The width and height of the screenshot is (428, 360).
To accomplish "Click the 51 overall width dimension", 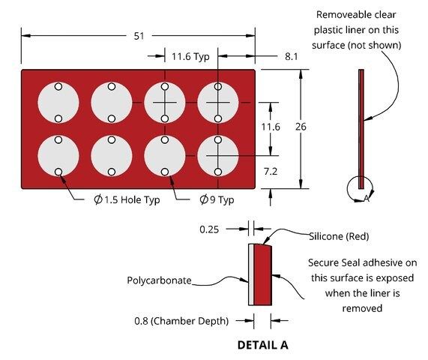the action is (139, 36).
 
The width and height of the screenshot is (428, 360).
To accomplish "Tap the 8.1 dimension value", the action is (292, 56).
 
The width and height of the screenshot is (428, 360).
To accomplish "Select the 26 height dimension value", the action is (301, 127).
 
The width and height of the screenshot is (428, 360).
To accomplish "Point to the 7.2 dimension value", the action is (271, 172).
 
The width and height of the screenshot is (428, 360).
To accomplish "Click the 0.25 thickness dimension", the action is (209, 229).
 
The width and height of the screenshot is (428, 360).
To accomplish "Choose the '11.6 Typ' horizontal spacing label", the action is (190, 57).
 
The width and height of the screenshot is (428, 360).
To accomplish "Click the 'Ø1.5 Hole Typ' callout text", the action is (127, 200).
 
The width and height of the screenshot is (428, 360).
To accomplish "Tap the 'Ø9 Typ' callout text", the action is (217, 200).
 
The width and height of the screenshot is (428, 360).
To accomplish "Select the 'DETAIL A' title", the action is (262, 345).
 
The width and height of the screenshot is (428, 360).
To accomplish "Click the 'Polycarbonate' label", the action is (159, 280).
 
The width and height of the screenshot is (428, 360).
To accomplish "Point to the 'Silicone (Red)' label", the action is (339, 236).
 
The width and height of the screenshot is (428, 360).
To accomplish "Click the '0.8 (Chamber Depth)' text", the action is (181, 321).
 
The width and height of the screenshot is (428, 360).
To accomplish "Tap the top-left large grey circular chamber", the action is (58, 103).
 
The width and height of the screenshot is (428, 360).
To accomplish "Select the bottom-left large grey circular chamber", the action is (58, 156).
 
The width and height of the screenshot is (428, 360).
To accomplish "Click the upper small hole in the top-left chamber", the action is (58, 86).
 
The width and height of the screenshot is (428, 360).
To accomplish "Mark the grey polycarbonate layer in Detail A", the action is (251, 274).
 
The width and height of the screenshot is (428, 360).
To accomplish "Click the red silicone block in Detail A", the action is (262, 274).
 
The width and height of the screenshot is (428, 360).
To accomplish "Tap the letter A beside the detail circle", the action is (367, 199).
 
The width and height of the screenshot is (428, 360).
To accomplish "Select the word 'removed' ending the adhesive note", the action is (362, 308).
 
